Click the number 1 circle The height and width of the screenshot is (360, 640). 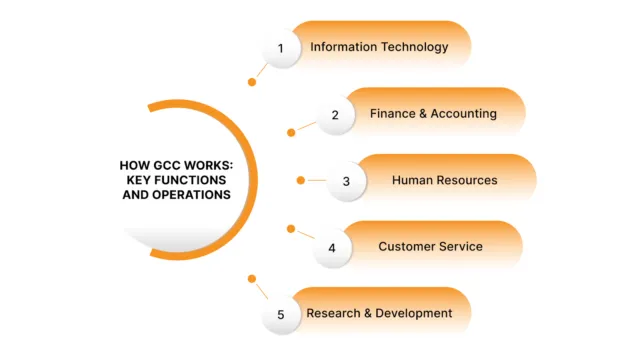pos(281,48)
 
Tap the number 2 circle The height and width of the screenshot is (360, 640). pos(335,115)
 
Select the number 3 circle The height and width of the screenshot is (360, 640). pos(346,181)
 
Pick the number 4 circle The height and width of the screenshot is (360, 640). pos(332,247)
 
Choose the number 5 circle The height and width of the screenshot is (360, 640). pos(281,315)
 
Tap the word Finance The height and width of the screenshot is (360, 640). pos(392,114)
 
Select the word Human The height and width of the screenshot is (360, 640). pos(411,181)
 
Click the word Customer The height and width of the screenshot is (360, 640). pos(405,247)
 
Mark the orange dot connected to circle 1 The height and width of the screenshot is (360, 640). pos(252,83)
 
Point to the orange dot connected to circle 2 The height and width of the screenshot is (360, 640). pos(291,132)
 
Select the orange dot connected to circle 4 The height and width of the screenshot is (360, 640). pos(291,229)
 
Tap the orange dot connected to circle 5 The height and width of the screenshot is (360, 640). pos(252,279)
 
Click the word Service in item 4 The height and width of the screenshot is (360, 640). pos(460,247)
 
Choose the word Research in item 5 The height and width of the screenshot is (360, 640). pos(333,314)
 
